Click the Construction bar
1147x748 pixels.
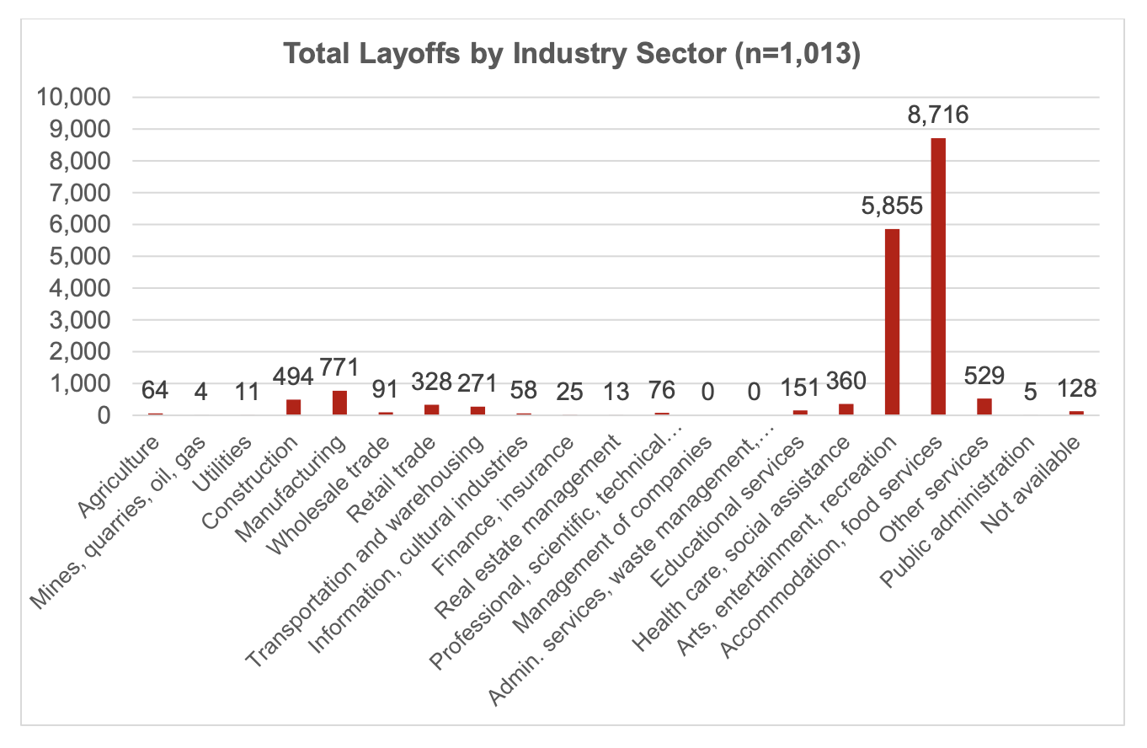pyautogui.click(x=293, y=407)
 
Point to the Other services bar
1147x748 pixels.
pyautogui.click(x=984, y=406)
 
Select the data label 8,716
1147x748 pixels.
pyautogui.click(x=938, y=114)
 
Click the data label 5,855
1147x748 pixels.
pyautogui.click(x=892, y=205)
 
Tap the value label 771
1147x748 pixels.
pyautogui.click(x=339, y=367)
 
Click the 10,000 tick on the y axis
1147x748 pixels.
pyautogui.click(x=74, y=98)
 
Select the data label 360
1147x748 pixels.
pyautogui.click(x=846, y=381)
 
